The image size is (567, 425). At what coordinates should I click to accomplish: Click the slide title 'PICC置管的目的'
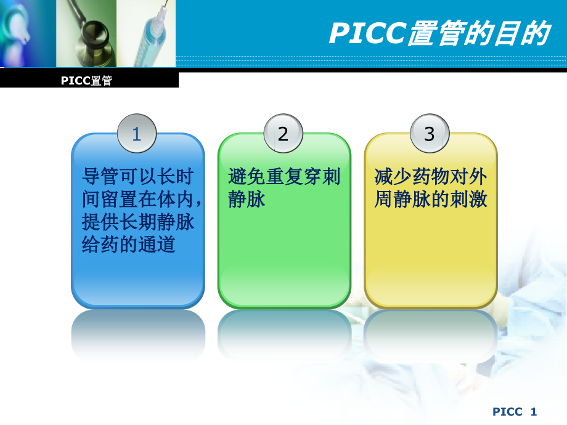[438, 34]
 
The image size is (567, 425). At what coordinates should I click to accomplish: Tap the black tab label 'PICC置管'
[87, 81]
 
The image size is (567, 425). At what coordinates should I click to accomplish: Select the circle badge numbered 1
[137, 134]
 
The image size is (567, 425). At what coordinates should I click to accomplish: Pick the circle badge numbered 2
[283, 134]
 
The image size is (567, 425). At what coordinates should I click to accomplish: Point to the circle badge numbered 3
[430, 134]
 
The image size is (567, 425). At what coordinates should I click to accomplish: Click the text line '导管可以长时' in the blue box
[138, 177]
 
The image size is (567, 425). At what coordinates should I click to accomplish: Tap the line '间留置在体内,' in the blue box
[142, 200]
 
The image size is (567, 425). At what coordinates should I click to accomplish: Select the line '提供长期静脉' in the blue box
[138, 222]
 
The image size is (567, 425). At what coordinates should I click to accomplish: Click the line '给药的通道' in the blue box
[129, 245]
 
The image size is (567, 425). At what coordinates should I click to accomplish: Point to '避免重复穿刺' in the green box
[284, 177]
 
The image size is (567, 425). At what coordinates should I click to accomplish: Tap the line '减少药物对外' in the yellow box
[431, 177]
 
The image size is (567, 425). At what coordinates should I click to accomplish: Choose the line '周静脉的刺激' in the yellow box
[431, 200]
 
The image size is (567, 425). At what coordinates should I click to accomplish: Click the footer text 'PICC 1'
[516, 411]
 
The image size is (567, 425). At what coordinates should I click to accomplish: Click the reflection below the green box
[284, 336]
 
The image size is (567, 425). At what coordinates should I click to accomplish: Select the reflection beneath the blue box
[138, 336]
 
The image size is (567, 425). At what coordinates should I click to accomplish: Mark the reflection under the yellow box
[431, 336]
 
